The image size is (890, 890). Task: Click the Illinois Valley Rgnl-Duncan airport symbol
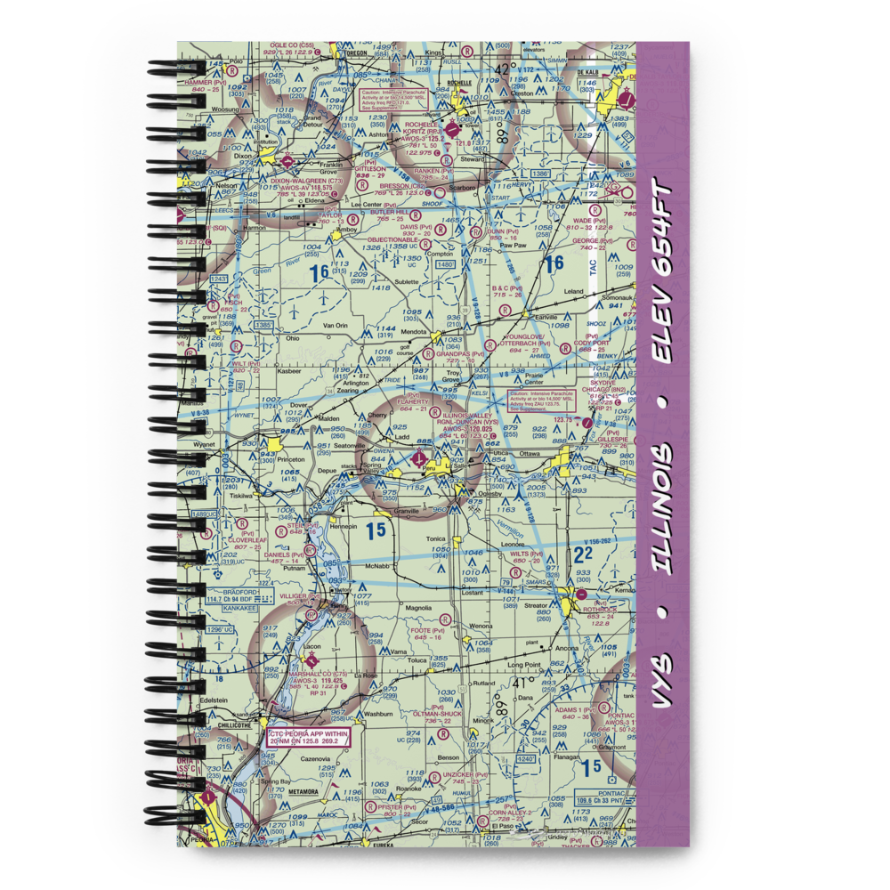click(420, 458)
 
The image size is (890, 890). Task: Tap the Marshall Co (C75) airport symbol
click(311, 660)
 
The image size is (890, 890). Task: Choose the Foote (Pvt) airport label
click(422, 631)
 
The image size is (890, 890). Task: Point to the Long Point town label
click(524, 665)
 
